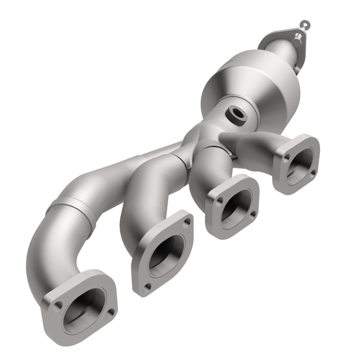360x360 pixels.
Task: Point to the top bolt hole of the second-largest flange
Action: click(186, 221)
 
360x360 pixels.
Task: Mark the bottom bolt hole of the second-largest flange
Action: click(147, 286)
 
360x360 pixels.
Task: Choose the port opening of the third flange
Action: click(236, 205)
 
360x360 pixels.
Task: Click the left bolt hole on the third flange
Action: click(218, 203)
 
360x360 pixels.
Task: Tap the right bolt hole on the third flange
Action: click(253, 213)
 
